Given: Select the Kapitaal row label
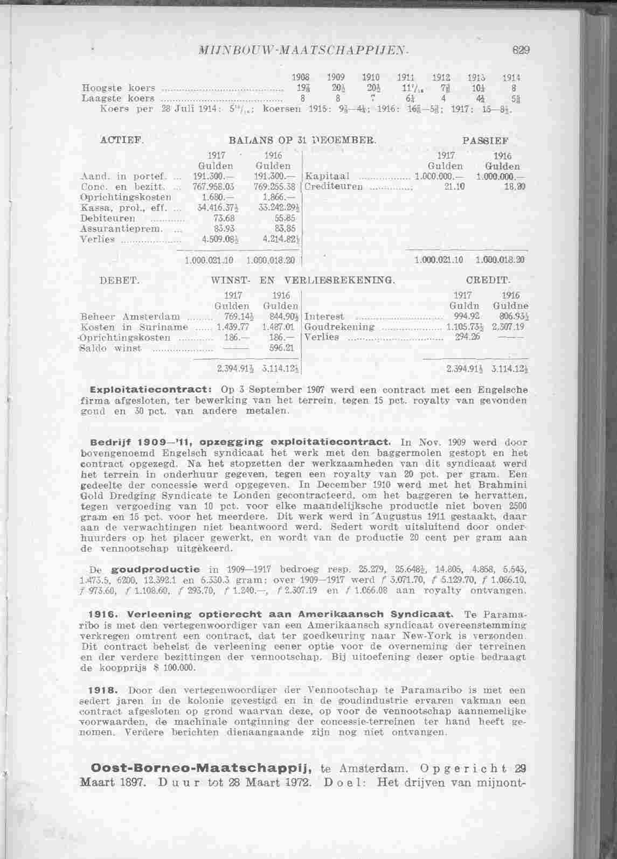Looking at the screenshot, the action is (x=328, y=176).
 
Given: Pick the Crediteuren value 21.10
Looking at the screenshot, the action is (x=452, y=186).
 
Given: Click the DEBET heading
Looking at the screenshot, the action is (x=120, y=280).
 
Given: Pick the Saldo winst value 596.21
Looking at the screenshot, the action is (x=280, y=348).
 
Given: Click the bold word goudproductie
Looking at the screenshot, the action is (x=155, y=569).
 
